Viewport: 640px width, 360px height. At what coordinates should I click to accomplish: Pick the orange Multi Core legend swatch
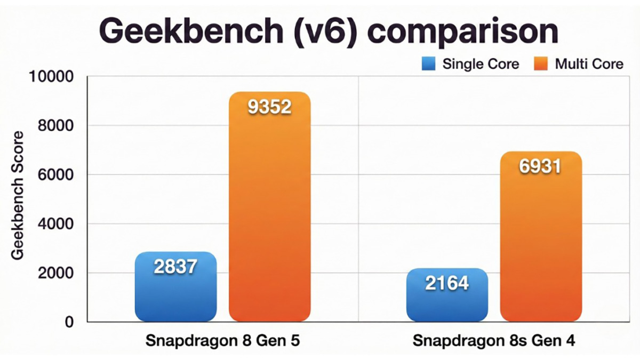[x=541, y=64]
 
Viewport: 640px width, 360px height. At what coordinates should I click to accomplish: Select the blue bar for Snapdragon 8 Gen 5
[x=175, y=296]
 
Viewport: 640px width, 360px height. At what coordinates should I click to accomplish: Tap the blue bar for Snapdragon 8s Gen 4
[x=447, y=304]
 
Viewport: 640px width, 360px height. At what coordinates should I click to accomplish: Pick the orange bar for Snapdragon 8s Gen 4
[x=541, y=245]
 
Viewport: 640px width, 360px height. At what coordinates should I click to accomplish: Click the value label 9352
[x=270, y=107]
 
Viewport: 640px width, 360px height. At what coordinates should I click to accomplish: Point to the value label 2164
[x=447, y=283]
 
